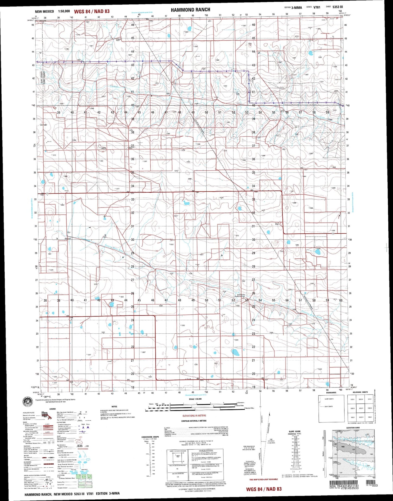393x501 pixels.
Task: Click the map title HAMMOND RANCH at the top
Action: pyautogui.click(x=190, y=10)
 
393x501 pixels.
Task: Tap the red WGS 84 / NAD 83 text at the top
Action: pyautogui.click(x=92, y=11)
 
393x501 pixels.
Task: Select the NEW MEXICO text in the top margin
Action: pyautogui.click(x=44, y=11)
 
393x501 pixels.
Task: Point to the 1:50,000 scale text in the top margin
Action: pyautogui.click(x=64, y=11)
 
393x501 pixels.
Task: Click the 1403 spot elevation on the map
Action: pyautogui.click(x=103, y=148)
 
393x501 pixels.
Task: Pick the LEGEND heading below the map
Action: pyautogui.click(x=52, y=409)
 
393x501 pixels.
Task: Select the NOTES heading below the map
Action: pyautogui.click(x=114, y=407)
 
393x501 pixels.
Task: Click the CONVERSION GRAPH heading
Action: pyautogui.click(x=150, y=437)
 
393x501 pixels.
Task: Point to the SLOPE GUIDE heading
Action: pyautogui.click(x=295, y=431)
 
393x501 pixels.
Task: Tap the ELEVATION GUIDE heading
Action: pyautogui.click(x=353, y=428)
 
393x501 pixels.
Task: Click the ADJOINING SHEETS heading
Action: pyautogui.click(x=360, y=392)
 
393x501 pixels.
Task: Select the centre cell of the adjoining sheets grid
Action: pyautogui.click(x=361, y=408)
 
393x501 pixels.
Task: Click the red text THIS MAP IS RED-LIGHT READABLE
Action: pyautogui.click(x=263, y=480)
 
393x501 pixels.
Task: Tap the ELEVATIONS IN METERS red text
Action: pyautogui.click(x=194, y=416)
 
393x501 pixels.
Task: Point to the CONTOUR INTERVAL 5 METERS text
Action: pyautogui.click(x=194, y=421)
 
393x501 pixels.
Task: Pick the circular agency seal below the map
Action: pyautogui.click(x=28, y=402)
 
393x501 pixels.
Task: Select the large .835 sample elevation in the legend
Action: pyautogui.click(x=79, y=446)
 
